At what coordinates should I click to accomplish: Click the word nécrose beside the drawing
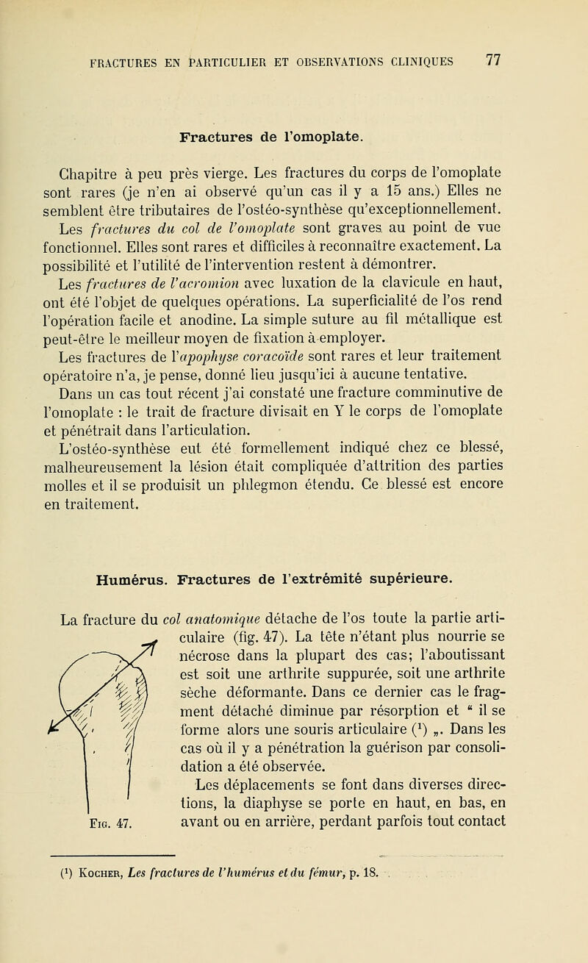click(207, 596)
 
